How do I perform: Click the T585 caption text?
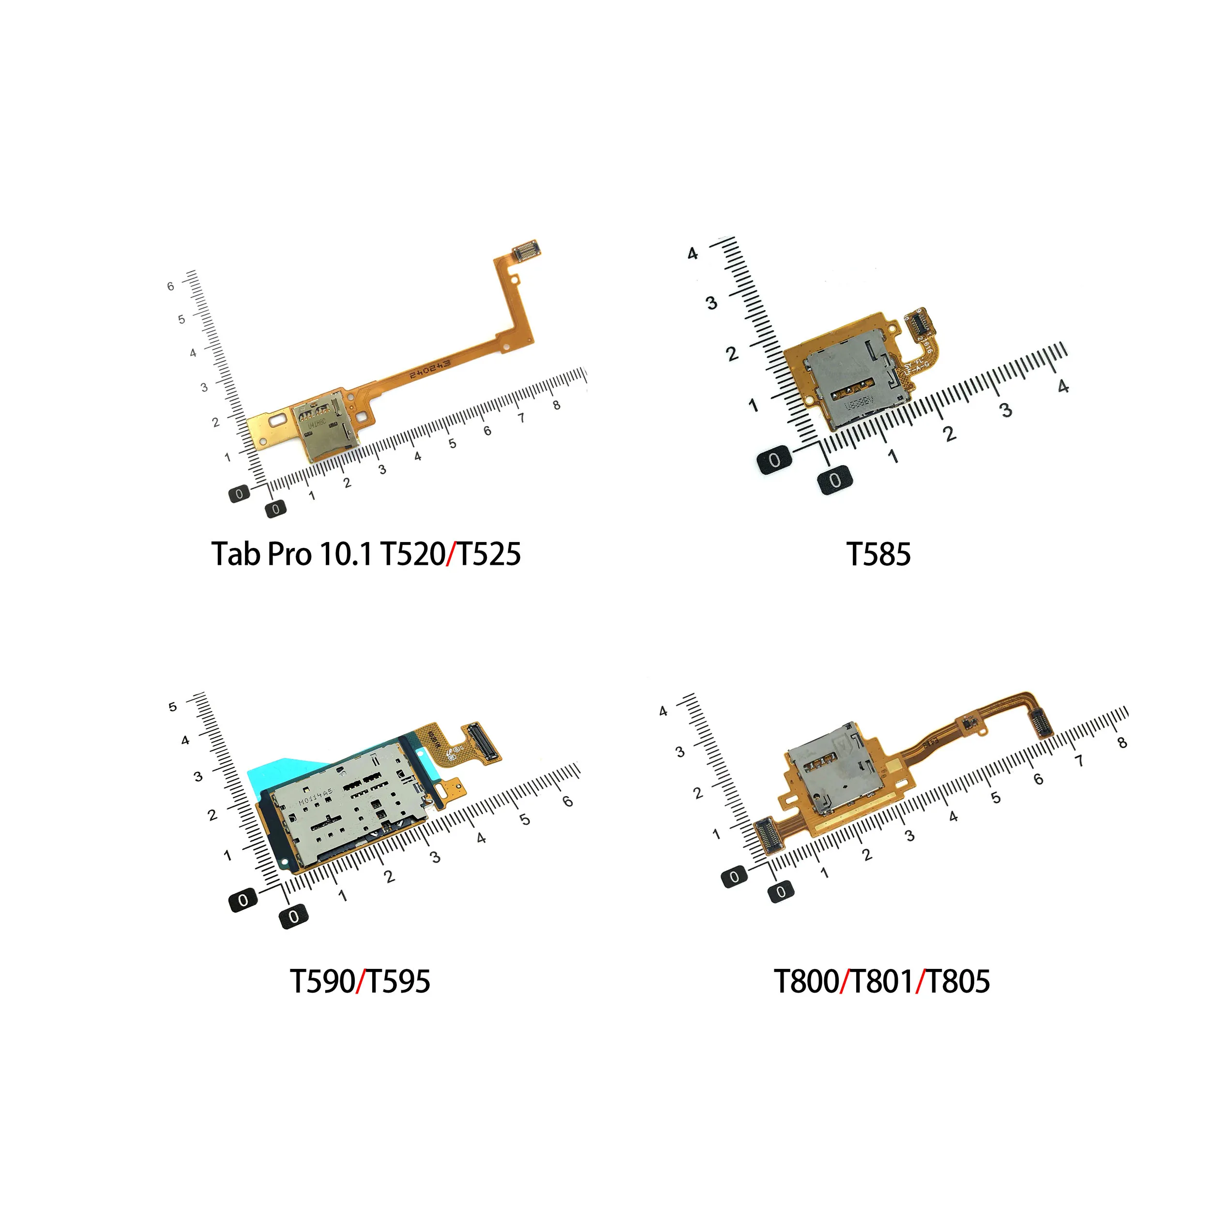pyautogui.click(x=878, y=555)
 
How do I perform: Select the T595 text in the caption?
pyautogui.click(x=398, y=982)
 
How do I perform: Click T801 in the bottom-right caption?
pyautogui.click(x=882, y=982)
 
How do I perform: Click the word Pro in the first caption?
pyautogui.click(x=289, y=555)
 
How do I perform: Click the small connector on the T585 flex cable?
pyautogui.click(x=918, y=321)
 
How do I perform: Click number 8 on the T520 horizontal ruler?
pyautogui.click(x=556, y=405)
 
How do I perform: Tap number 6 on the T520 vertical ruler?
pyautogui.click(x=170, y=286)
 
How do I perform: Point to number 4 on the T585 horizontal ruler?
pyautogui.click(x=1063, y=386)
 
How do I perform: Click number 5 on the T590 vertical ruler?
pyautogui.click(x=173, y=707)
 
